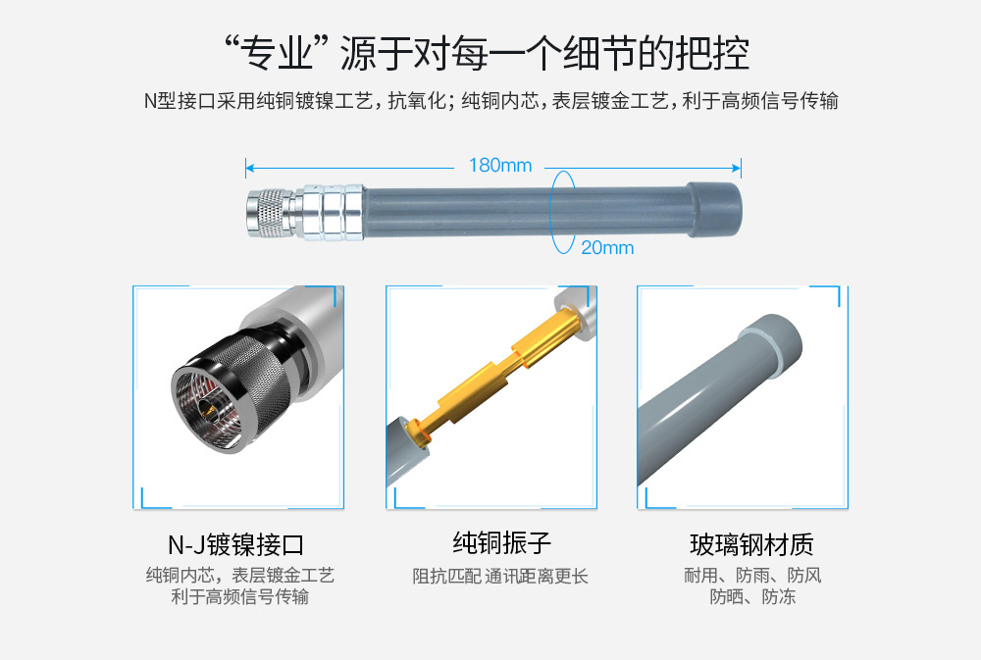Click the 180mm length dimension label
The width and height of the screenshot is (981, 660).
click(x=500, y=165)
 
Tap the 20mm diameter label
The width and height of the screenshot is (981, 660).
click(x=607, y=248)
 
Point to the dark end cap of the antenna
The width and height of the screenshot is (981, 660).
click(x=714, y=210)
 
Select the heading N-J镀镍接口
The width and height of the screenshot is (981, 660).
click(x=235, y=545)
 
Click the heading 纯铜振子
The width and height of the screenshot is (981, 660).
click(x=501, y=543)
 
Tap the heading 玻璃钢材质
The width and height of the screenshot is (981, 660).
click(x=751, y=545)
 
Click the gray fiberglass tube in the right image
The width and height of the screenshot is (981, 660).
click(x=719, y=400)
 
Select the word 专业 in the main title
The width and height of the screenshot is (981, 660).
click(x=278, y=53)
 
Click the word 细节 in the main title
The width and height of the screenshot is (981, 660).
click(x=598, y=53)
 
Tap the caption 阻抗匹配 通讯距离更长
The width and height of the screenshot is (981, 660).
click(x=500, y=577)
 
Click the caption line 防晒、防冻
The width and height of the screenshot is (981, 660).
click(x=752, y=597)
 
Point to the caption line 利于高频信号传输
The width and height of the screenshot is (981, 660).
click(x=239, y=597)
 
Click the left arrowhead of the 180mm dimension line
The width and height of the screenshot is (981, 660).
click(x=249, y=168)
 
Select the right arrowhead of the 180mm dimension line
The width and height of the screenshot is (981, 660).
click(x=737, y=168)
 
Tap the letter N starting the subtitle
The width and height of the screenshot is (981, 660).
click(x=150, y=101)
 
